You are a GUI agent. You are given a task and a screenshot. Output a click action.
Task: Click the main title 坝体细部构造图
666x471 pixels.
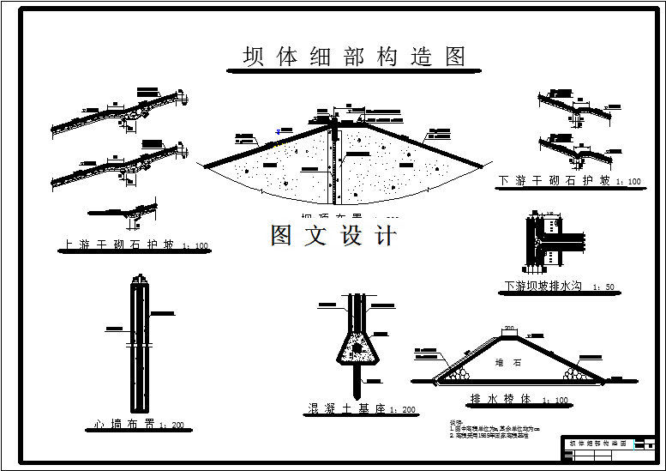coord(354,57)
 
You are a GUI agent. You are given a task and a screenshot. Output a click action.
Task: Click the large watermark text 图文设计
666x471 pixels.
coord(333,235)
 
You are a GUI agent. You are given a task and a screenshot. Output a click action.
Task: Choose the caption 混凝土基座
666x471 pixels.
coord(347,408)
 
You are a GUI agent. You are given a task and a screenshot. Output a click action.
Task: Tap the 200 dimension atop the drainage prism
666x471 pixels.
coord(509,329)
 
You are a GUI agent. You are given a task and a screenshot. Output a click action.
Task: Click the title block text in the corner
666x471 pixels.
coord(597,444)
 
